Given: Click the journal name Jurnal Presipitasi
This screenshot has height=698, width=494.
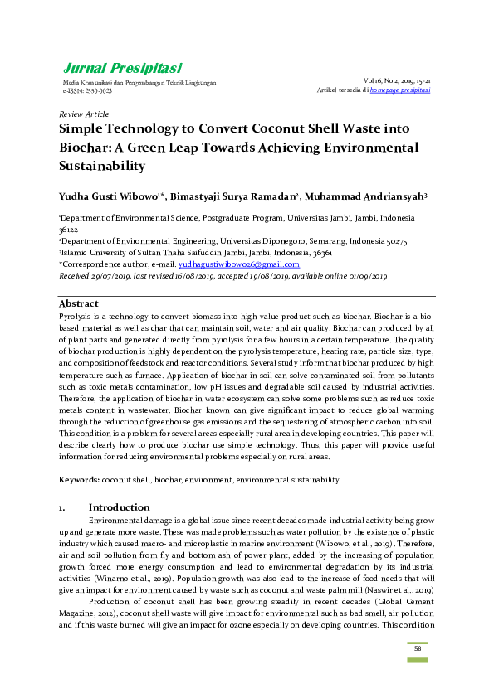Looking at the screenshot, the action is (x=122, y=68).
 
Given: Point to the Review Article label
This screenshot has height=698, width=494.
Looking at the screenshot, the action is (x=84, y=114).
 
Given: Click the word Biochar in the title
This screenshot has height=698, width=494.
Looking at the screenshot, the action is (x=90, y=148).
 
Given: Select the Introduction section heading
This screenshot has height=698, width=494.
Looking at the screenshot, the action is (x=119, y=507).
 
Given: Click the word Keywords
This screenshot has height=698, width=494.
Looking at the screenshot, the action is (x=79, y=480).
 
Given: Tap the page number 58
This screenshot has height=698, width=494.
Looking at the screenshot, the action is (x=418, y=647).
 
